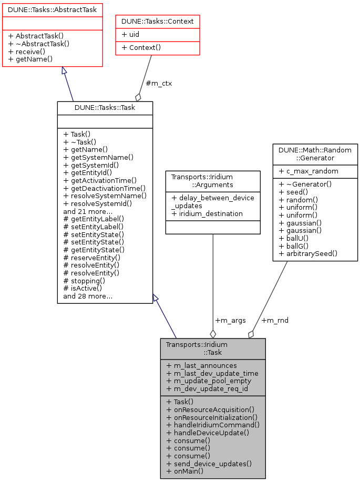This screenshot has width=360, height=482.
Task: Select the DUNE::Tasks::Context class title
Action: click(x=158, y=21)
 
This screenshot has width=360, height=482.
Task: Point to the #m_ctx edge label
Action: click(x=159, y=83)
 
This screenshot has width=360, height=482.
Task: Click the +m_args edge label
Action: click(x=230, y=320)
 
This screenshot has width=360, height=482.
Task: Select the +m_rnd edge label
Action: click(x=275, y=320)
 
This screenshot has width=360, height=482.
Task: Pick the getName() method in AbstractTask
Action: click(x=31, y=59)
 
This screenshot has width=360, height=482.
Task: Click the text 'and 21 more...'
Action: click(x=87, y=211)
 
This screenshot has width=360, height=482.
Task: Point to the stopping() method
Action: click(x=84, y=281)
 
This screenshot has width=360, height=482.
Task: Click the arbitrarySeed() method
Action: click(x=308, y=254)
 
